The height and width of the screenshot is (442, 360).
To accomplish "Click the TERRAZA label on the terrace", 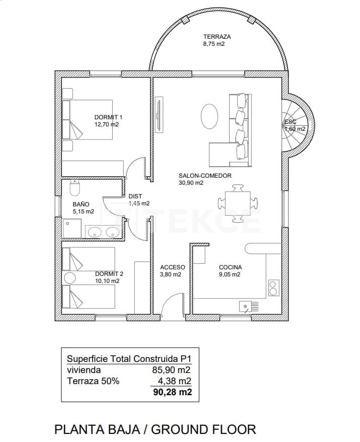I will point(217,37).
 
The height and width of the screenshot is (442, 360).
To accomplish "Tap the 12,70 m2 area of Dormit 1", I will point(106,124).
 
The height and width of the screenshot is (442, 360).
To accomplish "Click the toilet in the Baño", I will point(75,188).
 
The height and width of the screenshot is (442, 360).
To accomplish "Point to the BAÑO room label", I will point(81,204).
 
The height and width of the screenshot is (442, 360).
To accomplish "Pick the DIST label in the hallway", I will point(135,196).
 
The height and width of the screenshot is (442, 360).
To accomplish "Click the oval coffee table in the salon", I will point(209,116).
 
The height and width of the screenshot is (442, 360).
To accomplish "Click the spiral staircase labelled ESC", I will point(297,126).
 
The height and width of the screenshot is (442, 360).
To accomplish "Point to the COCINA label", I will point(230,267).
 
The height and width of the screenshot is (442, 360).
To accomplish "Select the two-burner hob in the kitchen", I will point(273,287).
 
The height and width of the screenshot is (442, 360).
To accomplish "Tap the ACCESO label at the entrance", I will point(172,267).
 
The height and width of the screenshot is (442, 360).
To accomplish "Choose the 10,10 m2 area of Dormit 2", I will point(107,281).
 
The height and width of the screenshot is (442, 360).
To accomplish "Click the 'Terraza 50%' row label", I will point(93,381).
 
